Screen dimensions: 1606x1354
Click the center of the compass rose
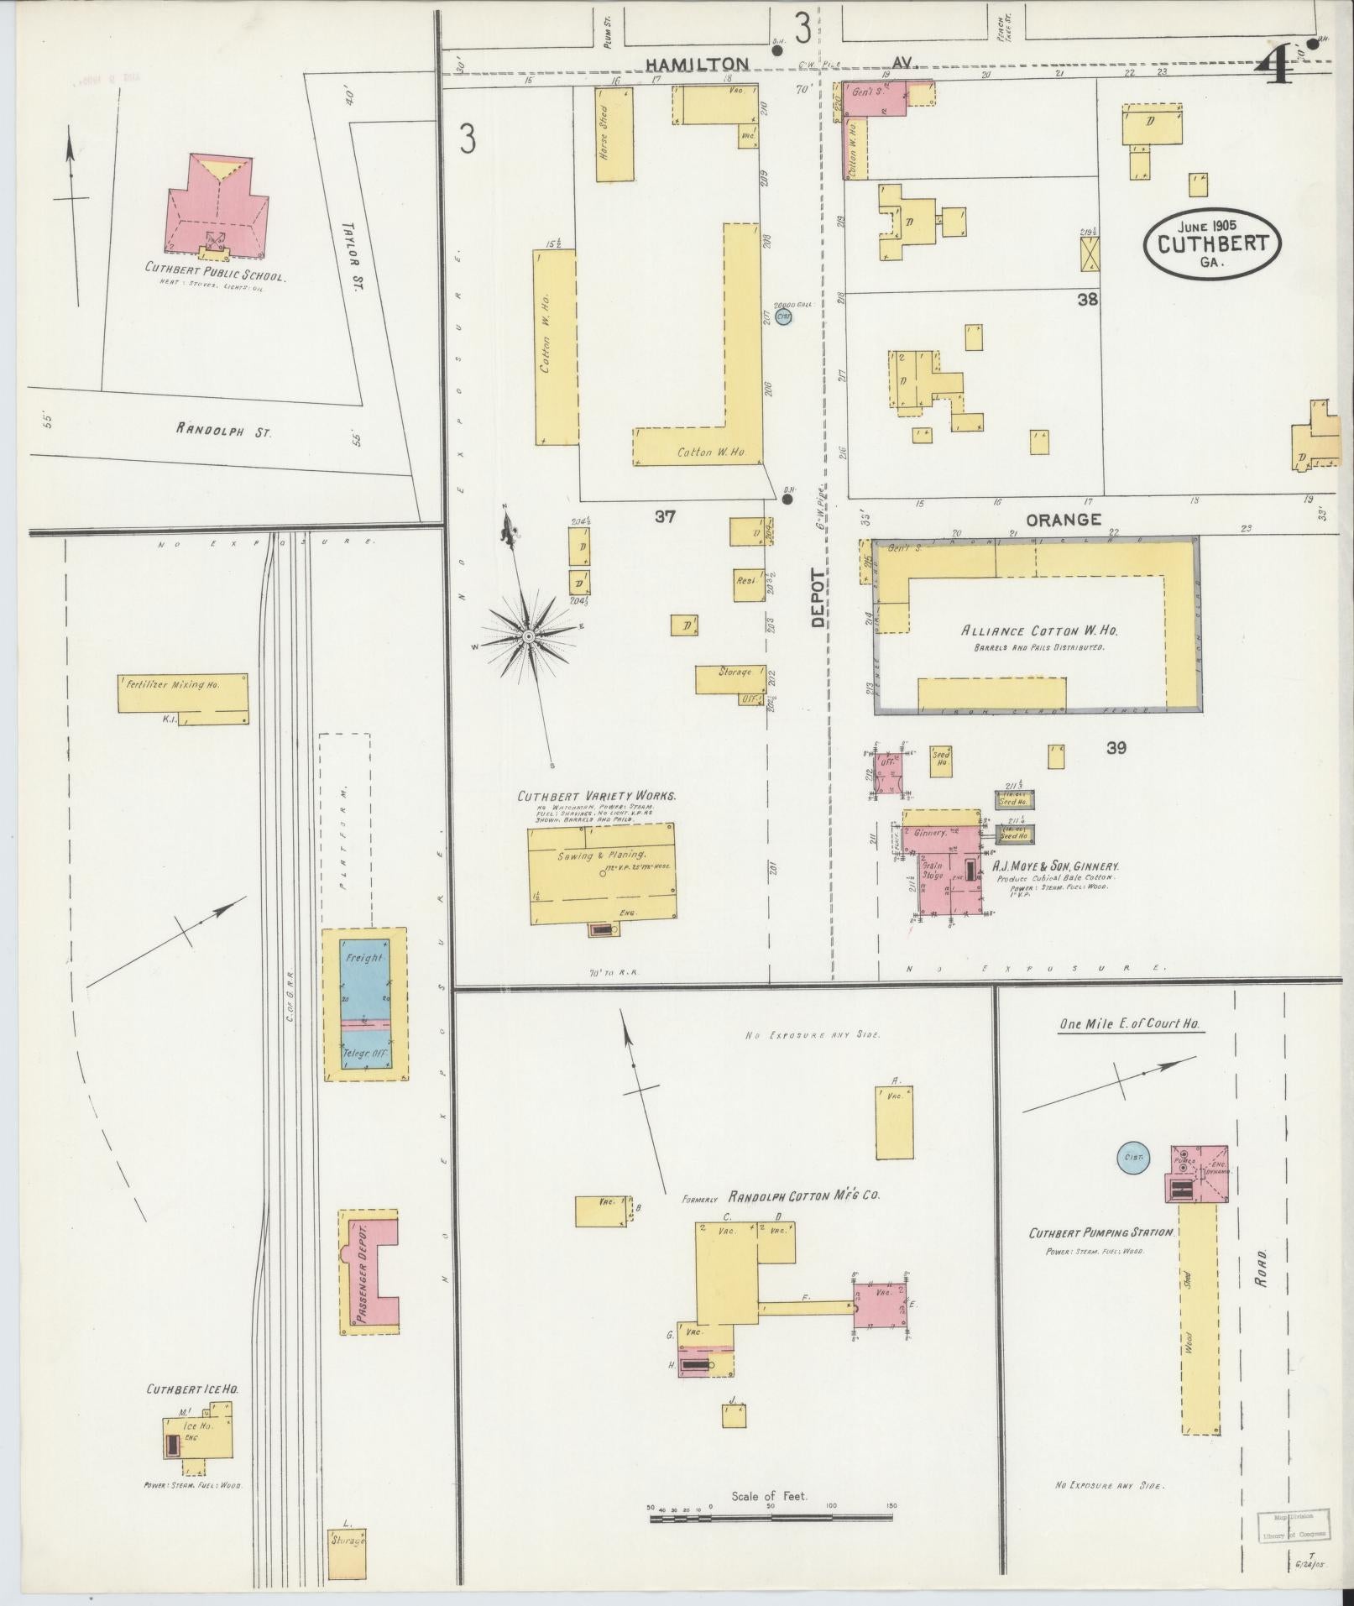[529, 637]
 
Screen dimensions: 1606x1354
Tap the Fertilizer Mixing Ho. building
[183, 693]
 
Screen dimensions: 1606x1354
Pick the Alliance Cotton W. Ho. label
[1038, 631]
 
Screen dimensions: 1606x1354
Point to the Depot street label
[818, 598]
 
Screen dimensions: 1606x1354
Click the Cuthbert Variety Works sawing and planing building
[603, 875]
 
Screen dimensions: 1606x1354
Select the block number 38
[1088, 299]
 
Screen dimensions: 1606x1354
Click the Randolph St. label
[223, 430]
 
